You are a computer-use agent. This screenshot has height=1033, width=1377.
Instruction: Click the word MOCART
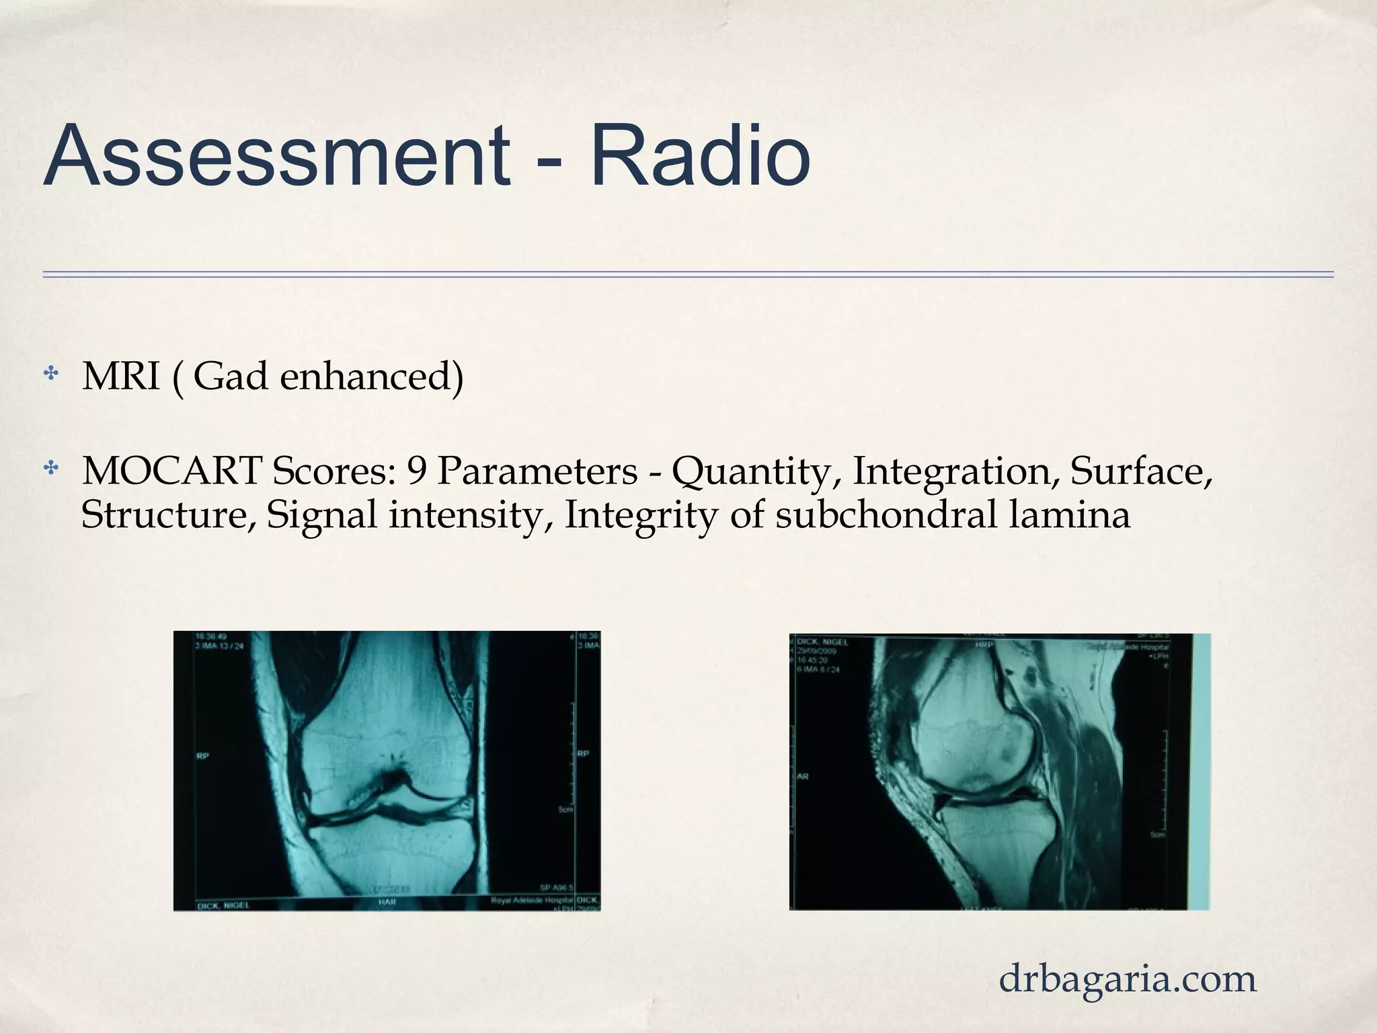point(171,471)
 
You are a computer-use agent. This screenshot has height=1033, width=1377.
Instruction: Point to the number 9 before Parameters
point(417,471)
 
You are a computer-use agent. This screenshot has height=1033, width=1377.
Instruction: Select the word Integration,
point(955,471)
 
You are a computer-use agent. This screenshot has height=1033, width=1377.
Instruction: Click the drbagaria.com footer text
point(1128,979)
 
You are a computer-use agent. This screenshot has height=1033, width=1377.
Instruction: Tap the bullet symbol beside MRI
point(51,373)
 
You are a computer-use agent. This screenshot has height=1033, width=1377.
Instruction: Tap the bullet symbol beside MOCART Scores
point(51,468)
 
